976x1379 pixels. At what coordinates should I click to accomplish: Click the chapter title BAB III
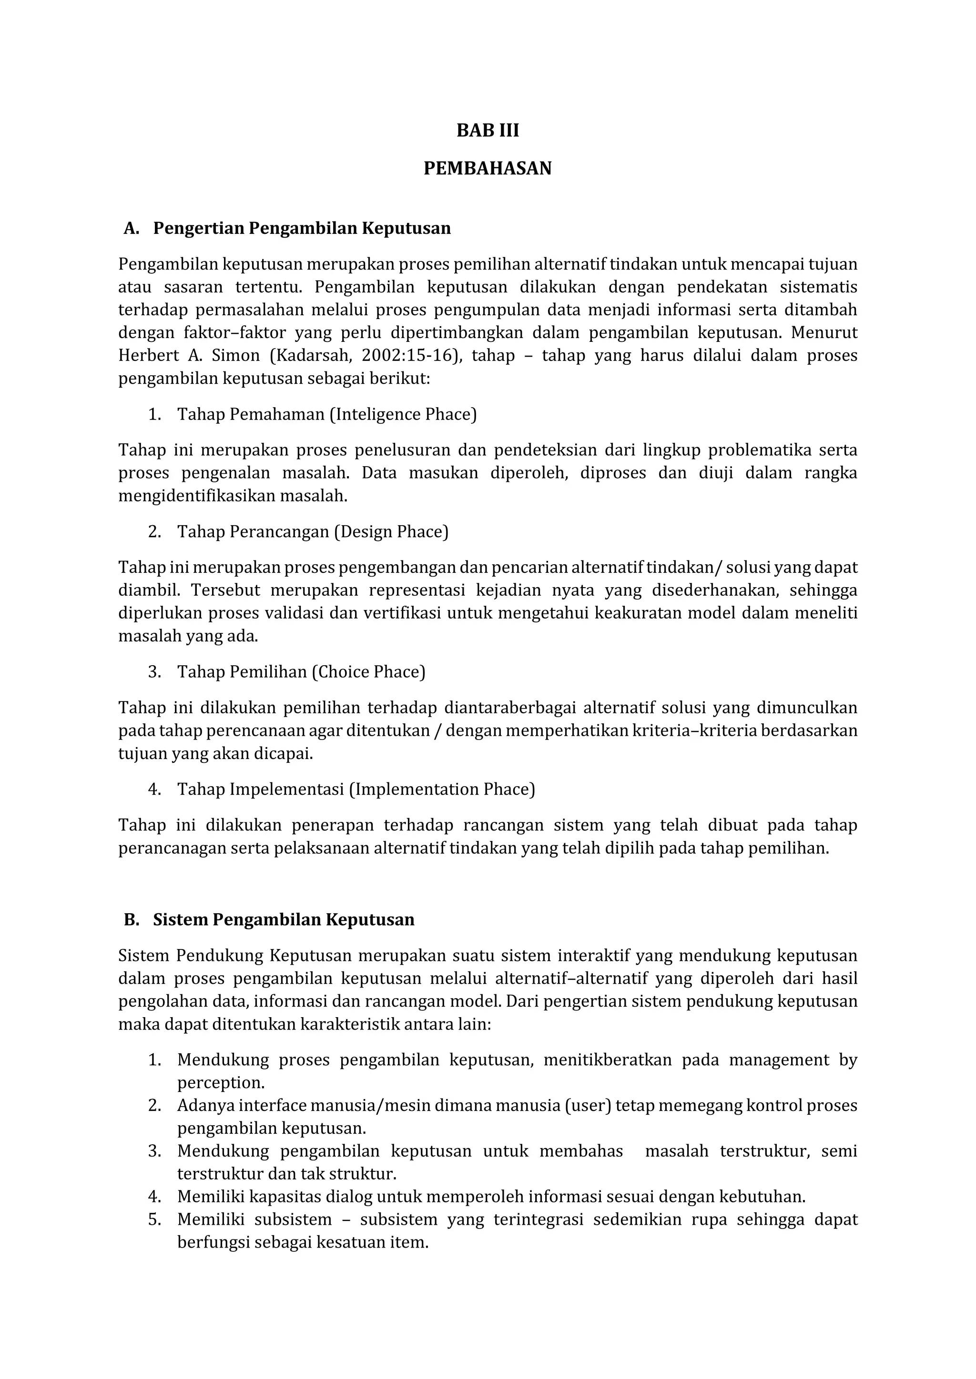[x=488, y=130]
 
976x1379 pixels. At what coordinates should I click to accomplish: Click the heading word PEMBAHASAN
[x=488, y=168]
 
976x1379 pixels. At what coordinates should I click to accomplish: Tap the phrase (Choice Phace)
[x=368, y=671]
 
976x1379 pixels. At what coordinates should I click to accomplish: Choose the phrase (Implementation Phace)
[x=442, y=789]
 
